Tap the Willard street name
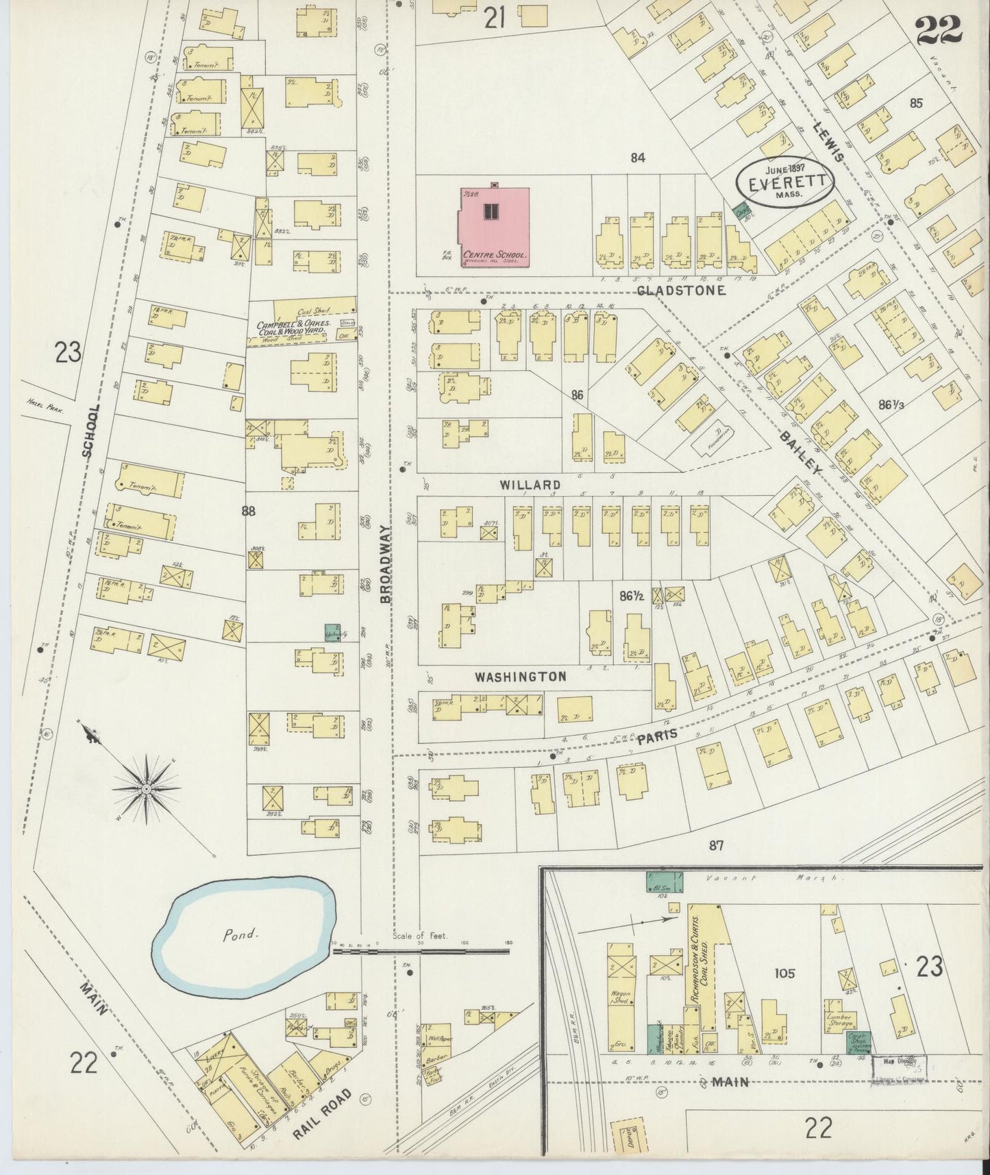click(530, 485)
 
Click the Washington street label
click(521, 677)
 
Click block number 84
click(638, 158)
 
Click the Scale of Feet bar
click(422, 950)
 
